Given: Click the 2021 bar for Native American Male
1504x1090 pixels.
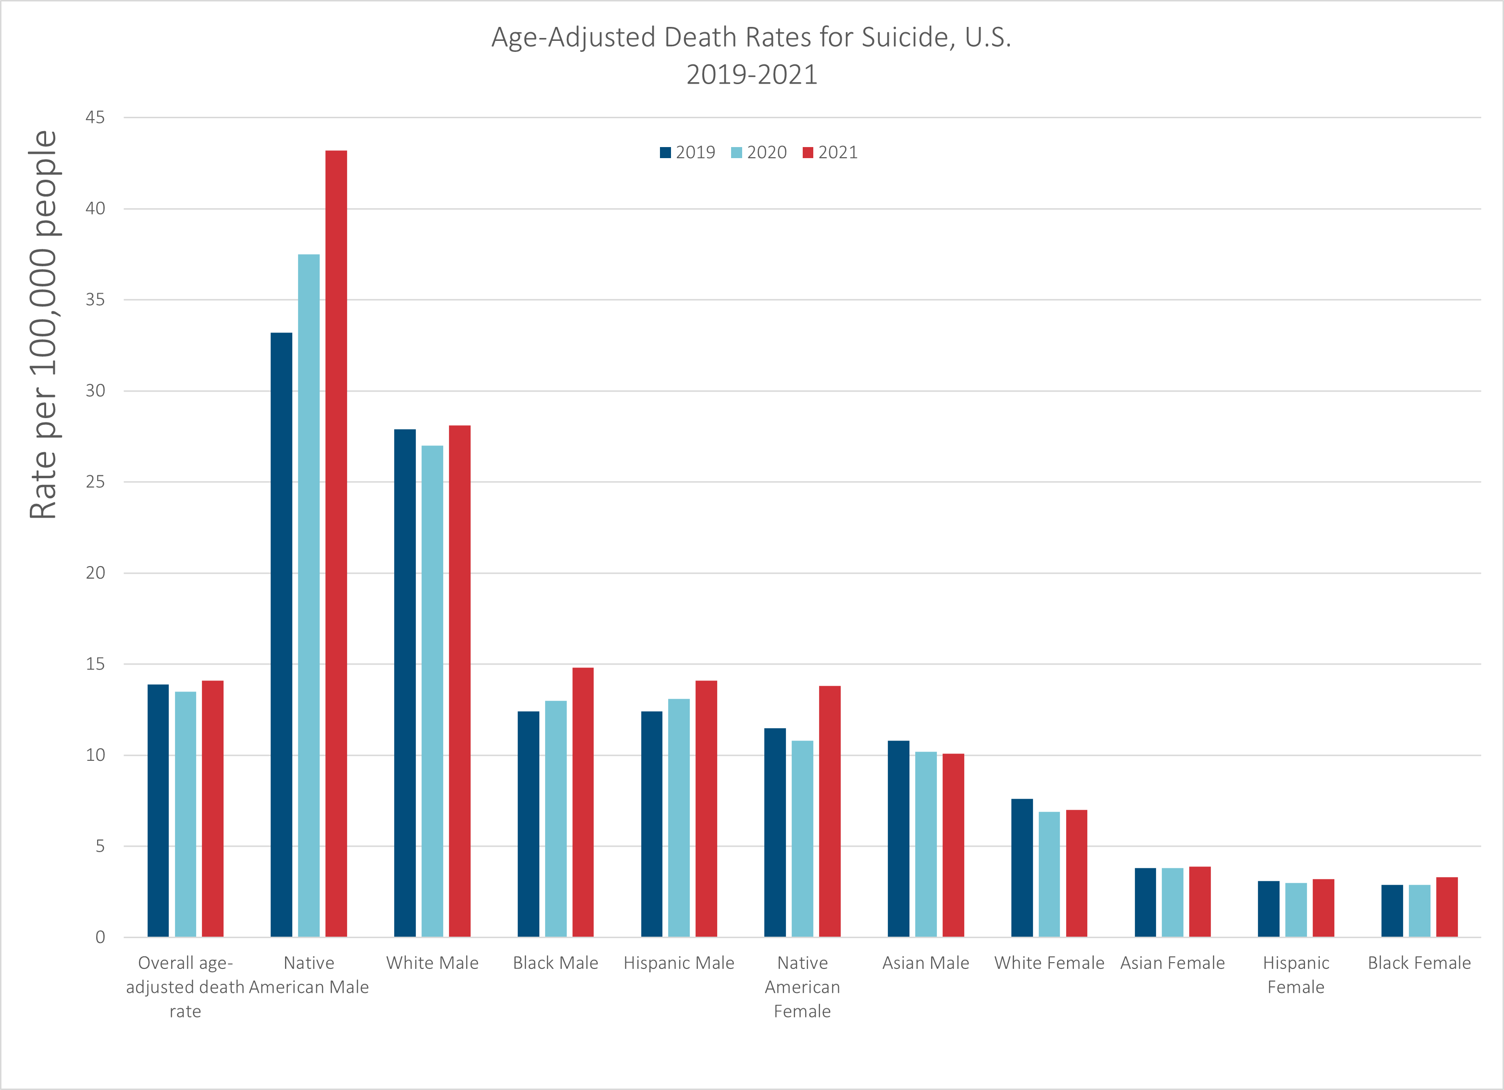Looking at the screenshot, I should pyautogui.click(x=336, y=544).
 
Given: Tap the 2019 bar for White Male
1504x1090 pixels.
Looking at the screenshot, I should pyautogui.click(x=405, y=683).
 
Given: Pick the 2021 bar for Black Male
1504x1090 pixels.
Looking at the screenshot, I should pyautogui.click(x=583, y=802).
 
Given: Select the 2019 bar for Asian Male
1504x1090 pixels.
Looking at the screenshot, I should pyautogui.click(x=898, y=839).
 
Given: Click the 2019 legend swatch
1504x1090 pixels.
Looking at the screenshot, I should pyautogui.click(x=665, y=152).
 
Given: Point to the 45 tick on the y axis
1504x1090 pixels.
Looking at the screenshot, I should pyautogui.click(x=95, y=117).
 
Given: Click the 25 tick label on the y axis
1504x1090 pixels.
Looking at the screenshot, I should pyautogui.click(x=95, y=482).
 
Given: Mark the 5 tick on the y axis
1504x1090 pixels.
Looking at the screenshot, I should pyautogui.click(x=99, y=846).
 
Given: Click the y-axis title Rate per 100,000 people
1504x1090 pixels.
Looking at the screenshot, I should pyautogui.click(x=44, y=325).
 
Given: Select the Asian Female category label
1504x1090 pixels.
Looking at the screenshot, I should pyautogui.click(x=1172, y=963).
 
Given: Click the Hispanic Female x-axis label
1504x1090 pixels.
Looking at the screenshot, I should pyautogui.click(x=1296, y=975).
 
